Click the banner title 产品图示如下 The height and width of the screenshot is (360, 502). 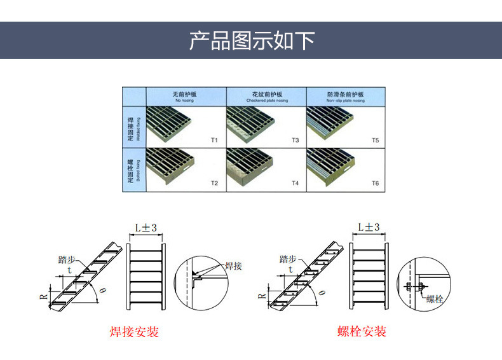coord(252,40)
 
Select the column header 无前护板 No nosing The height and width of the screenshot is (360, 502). coord(186,96)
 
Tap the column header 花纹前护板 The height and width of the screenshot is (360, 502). coord(266,96)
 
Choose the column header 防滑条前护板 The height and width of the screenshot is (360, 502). coord(346,96)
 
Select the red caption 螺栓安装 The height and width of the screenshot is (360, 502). coord(362,331)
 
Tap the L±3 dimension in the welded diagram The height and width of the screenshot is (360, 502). coord(146,228)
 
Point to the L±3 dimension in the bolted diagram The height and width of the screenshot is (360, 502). coord(369,227)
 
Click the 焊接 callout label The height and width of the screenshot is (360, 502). coord(233,266)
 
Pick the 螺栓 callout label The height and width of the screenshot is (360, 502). coord(435,298)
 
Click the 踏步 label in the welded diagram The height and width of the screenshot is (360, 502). coord(67,260)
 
